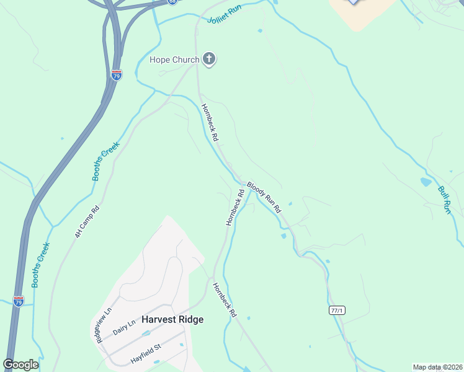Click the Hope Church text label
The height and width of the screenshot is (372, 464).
174,60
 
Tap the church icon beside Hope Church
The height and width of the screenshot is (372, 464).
209,60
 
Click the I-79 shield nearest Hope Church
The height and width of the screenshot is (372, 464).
116,74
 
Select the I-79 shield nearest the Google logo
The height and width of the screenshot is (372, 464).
19,301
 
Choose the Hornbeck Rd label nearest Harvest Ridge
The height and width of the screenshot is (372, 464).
225,300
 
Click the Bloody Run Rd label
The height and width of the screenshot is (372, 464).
264,197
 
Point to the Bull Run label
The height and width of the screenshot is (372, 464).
444,200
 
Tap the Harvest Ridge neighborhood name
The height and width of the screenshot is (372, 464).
172,319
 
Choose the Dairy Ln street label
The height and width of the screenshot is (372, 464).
125,328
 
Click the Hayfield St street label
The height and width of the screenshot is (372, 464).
146,354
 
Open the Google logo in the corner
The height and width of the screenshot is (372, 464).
20,365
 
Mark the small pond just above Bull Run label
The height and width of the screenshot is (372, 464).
425,182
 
